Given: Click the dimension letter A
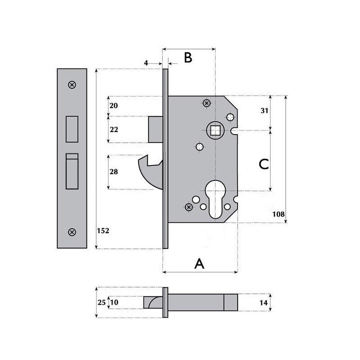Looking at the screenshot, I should (199, 264).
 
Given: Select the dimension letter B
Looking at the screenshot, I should (188, 58).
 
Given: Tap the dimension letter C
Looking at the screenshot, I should (264, 164).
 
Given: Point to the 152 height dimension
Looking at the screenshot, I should (103, 230).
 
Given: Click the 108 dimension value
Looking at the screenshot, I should (279, 215).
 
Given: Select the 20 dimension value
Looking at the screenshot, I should (113, 105).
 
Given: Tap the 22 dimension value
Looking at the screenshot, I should (113, 130).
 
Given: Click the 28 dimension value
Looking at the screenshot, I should (113, 172).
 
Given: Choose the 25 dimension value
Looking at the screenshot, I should (101, 302).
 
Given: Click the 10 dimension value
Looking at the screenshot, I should (114, 302).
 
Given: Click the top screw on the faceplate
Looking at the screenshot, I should (72, 85).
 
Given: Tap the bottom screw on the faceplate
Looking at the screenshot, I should (72, 232).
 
